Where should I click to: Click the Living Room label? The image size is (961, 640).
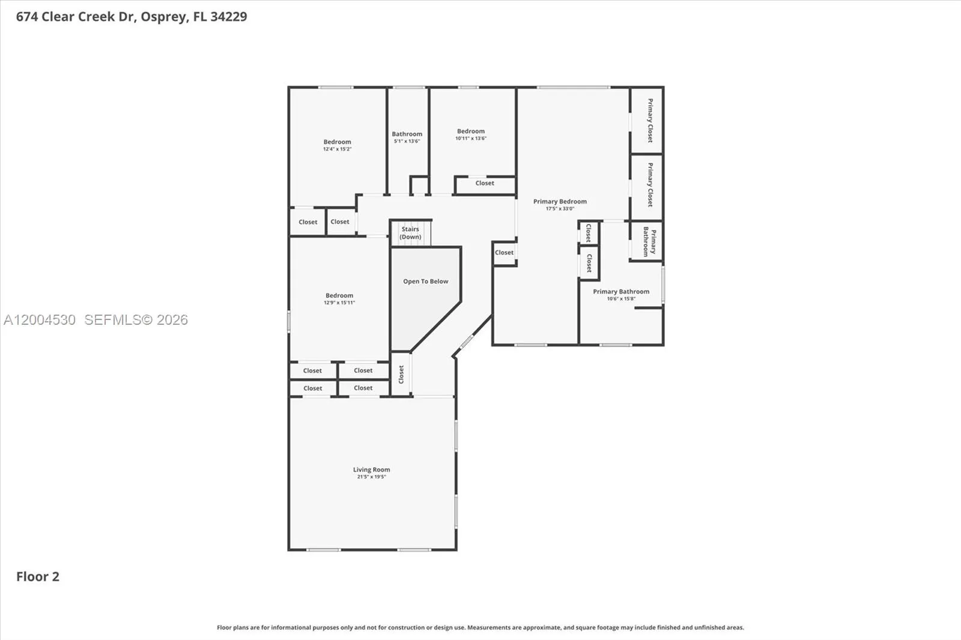(372, 469)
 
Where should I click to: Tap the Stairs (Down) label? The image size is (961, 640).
(411, 233)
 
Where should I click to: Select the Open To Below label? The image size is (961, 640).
(426, 282)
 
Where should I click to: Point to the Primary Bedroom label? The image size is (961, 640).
(560, 201)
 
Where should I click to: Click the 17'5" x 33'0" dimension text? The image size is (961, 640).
(560, 209)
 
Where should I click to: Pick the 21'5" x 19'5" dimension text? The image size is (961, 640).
(372, 477)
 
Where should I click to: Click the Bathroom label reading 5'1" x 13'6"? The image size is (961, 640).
(407, 134)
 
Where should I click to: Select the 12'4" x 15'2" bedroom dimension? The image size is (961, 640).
(337, 149)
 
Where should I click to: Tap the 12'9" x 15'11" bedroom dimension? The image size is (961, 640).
(339, 303)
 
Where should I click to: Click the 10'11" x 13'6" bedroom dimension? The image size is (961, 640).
(471, 138)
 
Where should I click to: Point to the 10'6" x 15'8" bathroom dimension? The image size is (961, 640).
(621, 298)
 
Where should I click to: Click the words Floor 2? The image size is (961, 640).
(38, 576)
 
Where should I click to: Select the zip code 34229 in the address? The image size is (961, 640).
(229, 17)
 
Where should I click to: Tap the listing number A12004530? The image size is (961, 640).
(40, 320)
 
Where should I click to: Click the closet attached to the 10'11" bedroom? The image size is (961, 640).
(485, 183)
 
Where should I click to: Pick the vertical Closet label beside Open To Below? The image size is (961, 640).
(401, 375)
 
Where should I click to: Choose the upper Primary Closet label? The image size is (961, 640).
(650, 121)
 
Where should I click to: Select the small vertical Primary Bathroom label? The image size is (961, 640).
(649, 242)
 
